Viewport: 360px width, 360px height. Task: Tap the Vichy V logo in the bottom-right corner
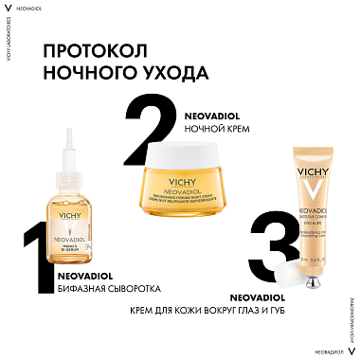coord(351,351)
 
